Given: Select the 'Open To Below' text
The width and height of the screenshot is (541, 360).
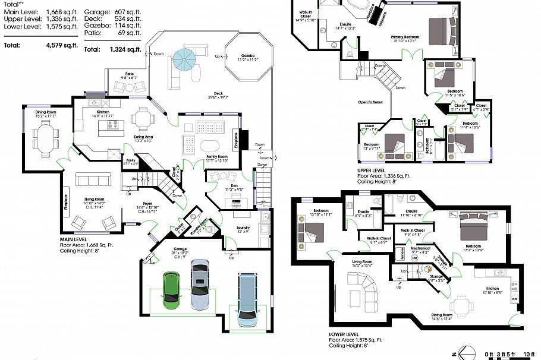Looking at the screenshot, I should click(370, 102).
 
